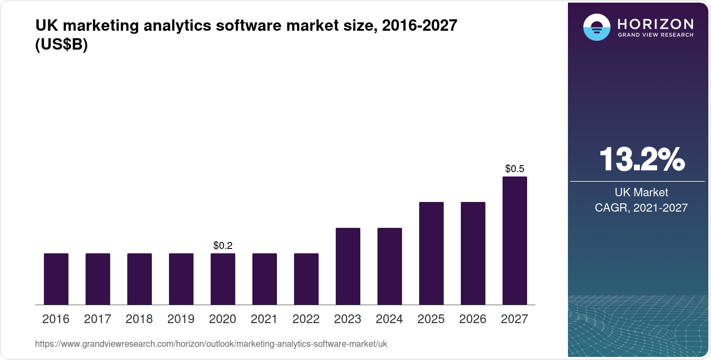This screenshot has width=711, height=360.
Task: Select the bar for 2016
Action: coord(56,279)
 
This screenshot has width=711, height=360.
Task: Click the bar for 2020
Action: coord(223,279)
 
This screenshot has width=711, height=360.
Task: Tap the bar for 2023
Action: coord(348,266)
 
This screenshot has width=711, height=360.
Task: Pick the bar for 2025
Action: coord(431,253)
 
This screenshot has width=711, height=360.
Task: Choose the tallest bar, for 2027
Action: coord(515,241)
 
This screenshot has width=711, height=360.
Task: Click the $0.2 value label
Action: coord(223,245)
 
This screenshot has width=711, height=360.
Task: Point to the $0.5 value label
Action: coord(515,169)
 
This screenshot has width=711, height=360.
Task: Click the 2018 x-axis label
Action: coord(139,319)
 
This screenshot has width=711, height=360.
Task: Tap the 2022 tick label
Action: coord(306,319)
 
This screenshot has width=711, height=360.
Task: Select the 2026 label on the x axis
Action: coord(473,319)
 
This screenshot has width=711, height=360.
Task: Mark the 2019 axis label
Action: coord(181,319)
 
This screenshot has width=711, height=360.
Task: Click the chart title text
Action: coord(246,26)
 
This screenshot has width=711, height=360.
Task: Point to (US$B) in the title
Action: coord(61,45)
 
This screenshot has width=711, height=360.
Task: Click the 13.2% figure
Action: coord(642,159)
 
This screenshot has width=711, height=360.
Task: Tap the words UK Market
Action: coord(641,192)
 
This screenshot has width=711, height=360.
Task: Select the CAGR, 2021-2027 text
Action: coord(641,208)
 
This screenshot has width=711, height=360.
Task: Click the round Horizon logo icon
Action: coord(596,27)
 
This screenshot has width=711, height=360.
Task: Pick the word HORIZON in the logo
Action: coord(655,24)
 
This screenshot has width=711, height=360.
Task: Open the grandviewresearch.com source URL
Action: coord(211,344)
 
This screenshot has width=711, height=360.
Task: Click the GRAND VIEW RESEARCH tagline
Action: coord(655,35)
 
